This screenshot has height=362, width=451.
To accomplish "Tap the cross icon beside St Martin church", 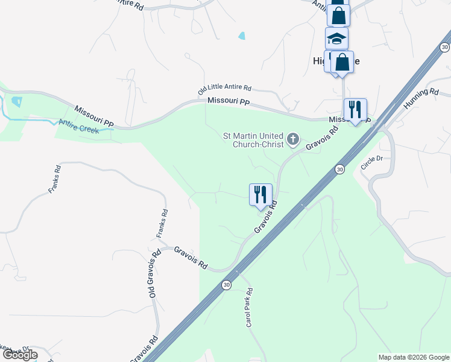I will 293,140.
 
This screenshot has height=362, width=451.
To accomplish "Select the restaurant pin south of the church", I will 260,195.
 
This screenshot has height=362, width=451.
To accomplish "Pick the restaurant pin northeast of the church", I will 355,110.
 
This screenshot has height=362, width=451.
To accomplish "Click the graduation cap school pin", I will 336,39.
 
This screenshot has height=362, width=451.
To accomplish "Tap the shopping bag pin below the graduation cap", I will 342,62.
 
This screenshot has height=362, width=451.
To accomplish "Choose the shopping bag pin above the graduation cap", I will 338,16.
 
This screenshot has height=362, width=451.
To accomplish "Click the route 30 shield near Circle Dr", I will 340,169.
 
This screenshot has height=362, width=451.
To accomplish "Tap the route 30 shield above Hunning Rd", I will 444,47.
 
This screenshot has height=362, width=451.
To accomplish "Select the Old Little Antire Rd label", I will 224,89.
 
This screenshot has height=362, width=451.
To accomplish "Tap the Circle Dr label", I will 371,163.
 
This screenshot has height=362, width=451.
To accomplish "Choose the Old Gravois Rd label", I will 154,275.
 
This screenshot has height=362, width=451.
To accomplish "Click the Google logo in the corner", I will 20,355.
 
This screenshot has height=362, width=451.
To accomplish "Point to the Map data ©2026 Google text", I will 414,357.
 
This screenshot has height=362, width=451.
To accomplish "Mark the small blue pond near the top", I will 242,36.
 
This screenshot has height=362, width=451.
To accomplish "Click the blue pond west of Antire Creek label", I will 17,101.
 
